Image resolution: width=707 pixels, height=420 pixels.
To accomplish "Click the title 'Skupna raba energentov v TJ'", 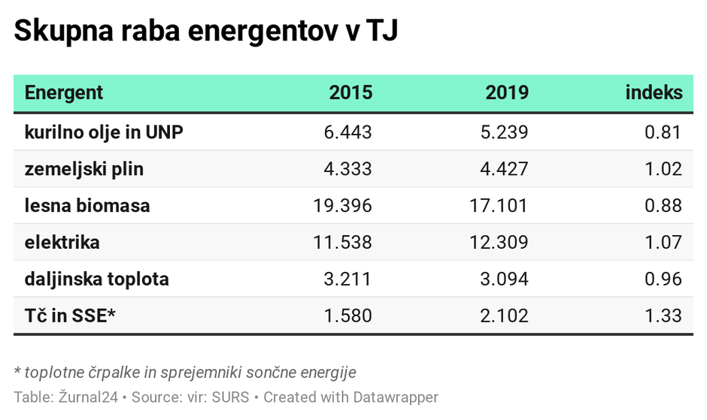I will click(205, 32).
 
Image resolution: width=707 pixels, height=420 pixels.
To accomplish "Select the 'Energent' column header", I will click(64, 93).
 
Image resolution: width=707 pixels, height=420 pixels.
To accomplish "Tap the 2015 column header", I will click(350, 93).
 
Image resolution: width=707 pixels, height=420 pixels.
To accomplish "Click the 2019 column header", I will click(507, 93).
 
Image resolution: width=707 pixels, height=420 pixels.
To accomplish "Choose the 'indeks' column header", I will click(654, 93).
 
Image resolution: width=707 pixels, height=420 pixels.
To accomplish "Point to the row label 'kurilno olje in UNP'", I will click(104, 132).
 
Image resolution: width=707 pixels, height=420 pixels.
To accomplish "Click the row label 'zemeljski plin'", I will click(83, 169).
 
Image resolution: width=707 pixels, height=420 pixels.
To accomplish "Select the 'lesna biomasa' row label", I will click(87, 206).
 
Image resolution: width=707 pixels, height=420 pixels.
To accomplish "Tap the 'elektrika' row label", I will click(62, 243).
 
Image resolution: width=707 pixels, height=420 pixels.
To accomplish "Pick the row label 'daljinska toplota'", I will click(96, 279).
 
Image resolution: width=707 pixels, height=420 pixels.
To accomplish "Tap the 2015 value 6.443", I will click(347, 132).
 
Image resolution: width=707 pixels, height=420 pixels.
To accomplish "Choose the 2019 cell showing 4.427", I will click(504, 169).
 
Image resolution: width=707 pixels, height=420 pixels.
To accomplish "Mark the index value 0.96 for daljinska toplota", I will click(663, 279).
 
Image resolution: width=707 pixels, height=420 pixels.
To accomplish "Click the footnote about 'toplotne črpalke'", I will click(185, 372).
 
